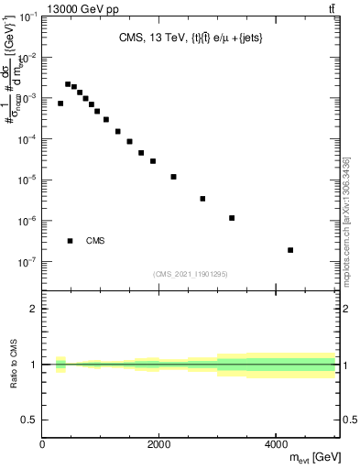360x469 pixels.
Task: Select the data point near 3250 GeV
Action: click(x=233, y=218)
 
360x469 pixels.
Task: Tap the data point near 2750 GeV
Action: click(x=202, y=199)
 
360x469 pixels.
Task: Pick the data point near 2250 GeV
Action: click(x=173, y=177)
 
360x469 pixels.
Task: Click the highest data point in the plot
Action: click(x=68, y=84)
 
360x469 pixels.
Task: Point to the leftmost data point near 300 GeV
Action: click(x=60, y=104)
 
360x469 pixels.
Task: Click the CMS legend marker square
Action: click(x=70, y=241)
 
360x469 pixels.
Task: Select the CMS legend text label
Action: click(x=95, y=241)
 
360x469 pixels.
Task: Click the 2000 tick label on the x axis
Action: click(x=159, y=443)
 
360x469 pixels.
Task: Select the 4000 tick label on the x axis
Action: click(x=276, y=443)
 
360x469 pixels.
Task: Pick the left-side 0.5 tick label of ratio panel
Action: click(x=27, y=420)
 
